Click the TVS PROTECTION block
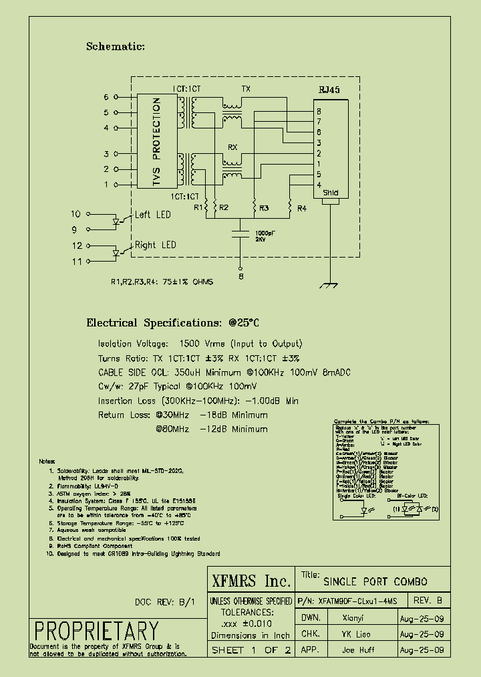click(x=156, y=140)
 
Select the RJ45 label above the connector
click(x=329, y=90)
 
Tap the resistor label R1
click(x=198, y=208)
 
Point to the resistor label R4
click(x=301, y=208)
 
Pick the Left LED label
click(x=152, y=215)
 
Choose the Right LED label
click(x=155, y=245)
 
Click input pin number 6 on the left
click(x=106, y=97)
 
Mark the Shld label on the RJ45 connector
click(x=330, y=193)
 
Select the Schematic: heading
click(x=115, y=47)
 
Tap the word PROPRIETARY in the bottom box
click(x=96, y=631)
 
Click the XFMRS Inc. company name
click(x=251, y=581)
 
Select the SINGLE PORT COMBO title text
click(x=375, y=581)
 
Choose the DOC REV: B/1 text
click(x=165, y=601)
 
